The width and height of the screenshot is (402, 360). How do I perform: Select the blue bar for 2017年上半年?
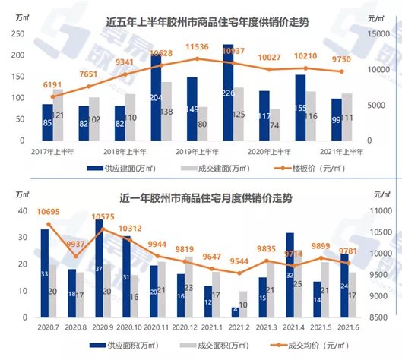click(48, 122)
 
